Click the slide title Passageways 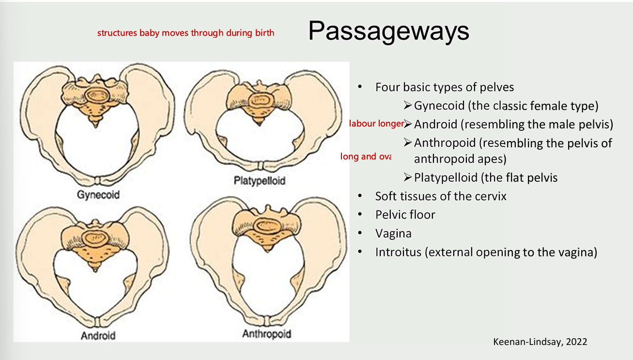click(388, 31)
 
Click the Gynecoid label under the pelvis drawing click(98, 195)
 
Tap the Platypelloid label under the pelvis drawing click(260, 181)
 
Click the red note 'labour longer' click(377, 124)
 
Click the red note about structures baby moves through click(185, 33)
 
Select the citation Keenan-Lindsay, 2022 click(540, 342)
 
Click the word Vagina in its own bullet click(393, 234)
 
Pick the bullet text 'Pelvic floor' click(405, 215)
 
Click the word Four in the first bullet click(387, 87)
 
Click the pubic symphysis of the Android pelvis click(98, 323)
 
